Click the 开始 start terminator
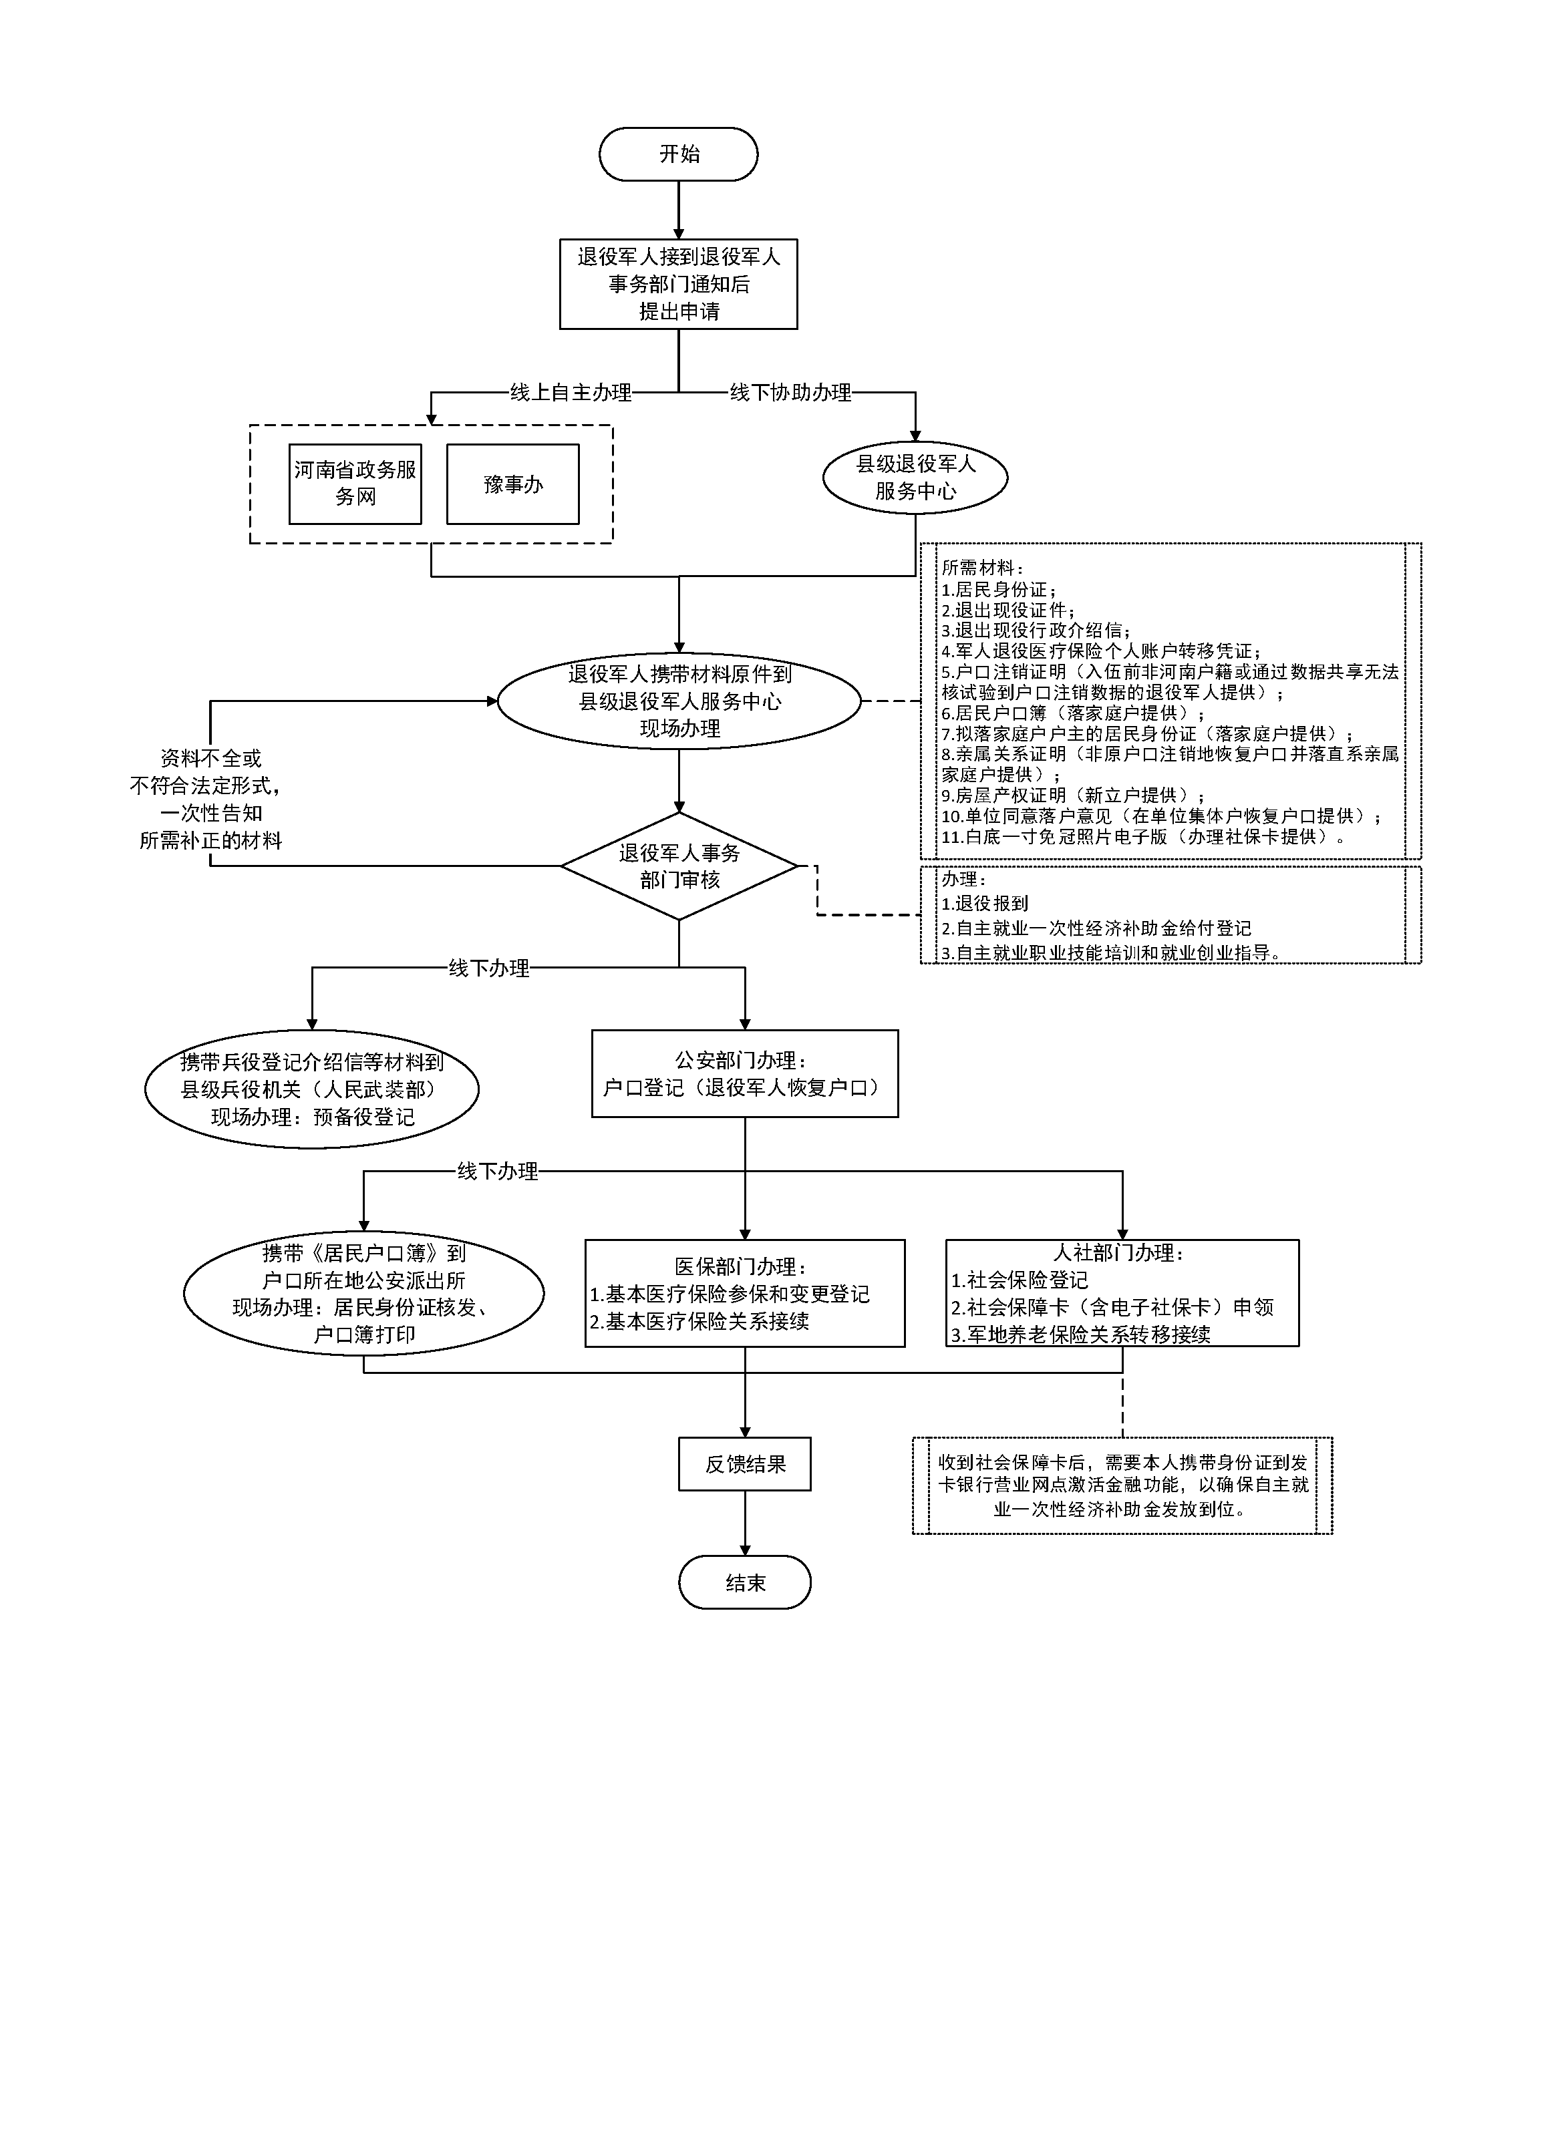(x=678, y=154)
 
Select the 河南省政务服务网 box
(x=355, y=484)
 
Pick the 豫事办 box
(x=512, y=484)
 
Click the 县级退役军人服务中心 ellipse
(x=915, y=478)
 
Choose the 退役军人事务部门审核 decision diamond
(x=679, y=866)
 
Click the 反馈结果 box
(x=744, y=1464)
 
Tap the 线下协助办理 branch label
(x=790, y=392)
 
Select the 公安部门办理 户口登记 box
(x=744, y=1074)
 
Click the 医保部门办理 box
(x=744, y=1293)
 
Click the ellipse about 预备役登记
(x=312, y=1089)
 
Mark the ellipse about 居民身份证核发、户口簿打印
(x=364, y=1293)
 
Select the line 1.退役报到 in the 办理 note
(x=985, y=904)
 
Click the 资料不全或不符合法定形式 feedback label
(x=210, y=799)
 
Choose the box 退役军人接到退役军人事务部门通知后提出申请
(x=678, y=284)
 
